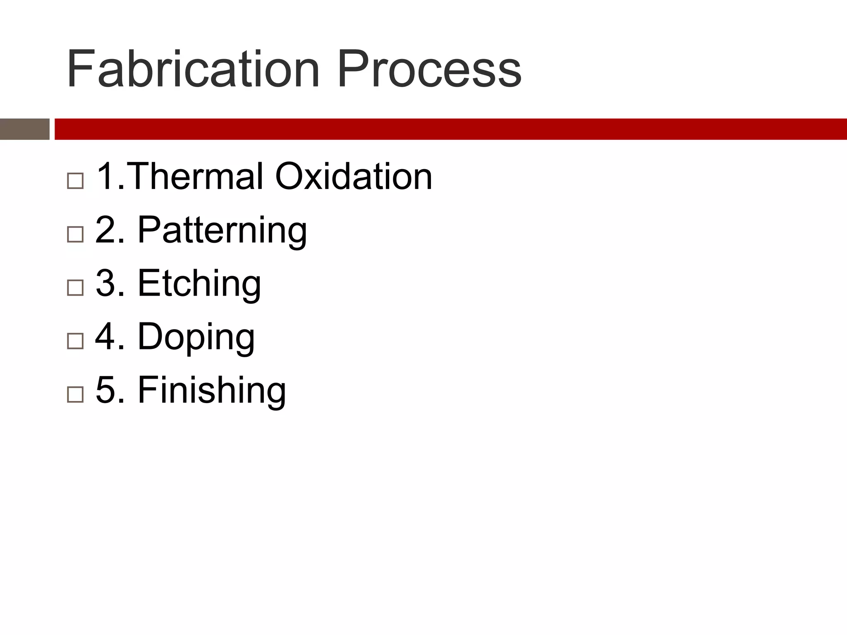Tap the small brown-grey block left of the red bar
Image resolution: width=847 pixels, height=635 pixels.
[25, 129]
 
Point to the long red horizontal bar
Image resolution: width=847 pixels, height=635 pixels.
[450, 129]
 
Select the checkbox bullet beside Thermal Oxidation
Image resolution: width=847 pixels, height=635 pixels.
[75, 181]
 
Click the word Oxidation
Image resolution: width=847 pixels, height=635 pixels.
[354, 177]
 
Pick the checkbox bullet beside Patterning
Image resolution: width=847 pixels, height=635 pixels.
[75, 234]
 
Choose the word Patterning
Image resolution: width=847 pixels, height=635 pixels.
[222, 231]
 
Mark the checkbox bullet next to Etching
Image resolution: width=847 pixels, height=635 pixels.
[75, 287]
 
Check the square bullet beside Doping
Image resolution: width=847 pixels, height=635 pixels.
[75, 341]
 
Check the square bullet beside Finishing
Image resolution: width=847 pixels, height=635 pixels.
[75, 394]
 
